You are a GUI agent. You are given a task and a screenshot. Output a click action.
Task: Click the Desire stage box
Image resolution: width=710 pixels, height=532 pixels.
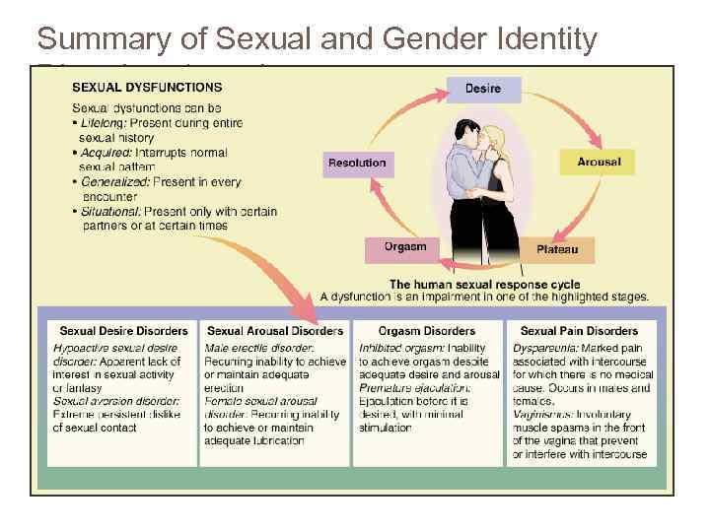tap(482, 89)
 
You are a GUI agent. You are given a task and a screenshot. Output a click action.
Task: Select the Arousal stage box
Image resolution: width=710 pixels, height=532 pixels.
tap(598, 162)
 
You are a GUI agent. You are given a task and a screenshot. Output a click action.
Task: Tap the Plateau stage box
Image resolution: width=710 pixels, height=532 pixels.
tap(557, 250)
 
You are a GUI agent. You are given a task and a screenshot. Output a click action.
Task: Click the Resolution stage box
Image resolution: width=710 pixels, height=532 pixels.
tap(357, 163)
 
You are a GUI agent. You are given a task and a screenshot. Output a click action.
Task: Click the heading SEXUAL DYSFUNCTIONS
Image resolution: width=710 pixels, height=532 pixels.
tap(146, 87)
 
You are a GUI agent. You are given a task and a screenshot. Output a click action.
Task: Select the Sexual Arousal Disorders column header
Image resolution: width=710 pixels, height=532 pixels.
tap(275, 331)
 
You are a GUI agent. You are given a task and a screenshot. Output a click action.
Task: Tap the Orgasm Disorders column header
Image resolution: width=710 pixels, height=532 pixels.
tap(427, 331)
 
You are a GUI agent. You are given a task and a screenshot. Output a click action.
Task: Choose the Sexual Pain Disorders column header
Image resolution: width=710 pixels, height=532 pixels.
tap(579, 331)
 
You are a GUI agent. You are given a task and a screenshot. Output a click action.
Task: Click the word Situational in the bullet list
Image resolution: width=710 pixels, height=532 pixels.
tap(111, 212)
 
